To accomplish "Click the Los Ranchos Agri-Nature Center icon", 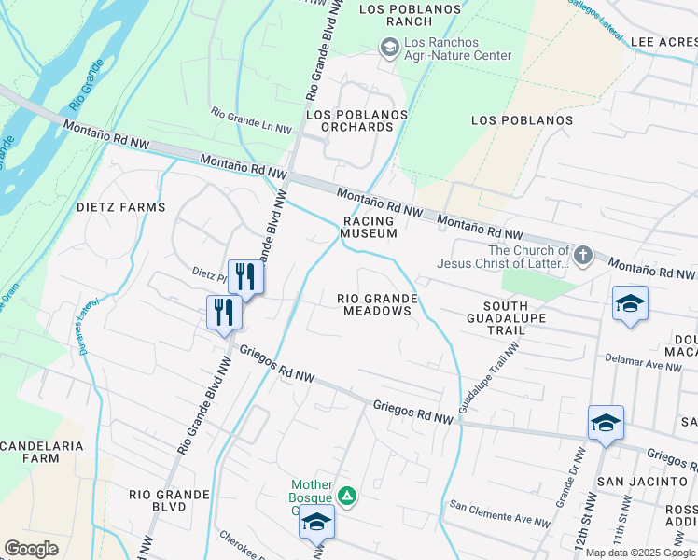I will (x=389, y=46).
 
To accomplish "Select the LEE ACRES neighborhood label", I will (x=663, y=43).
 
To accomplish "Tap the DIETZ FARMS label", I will (x=120, y=207).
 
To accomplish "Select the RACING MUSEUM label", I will (x=369, y=227).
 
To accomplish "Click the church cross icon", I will (x=583, y=254).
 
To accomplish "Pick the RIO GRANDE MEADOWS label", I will (x=376, y=304).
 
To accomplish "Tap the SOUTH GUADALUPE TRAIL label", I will (x=506, y=319).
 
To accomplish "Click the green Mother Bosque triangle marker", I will (x=346, y=495).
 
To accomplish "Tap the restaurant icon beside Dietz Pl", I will (x=245, y=276).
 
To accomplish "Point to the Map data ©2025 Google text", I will (x=639, y=553).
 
